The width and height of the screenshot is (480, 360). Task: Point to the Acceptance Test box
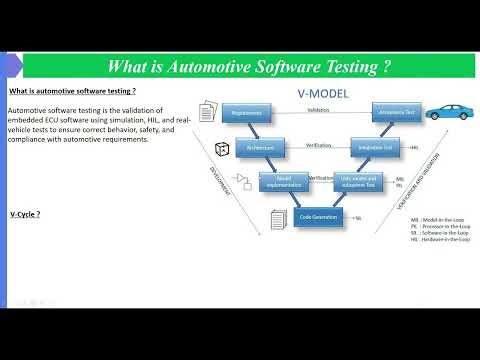394,114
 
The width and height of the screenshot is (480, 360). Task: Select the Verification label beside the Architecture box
319,143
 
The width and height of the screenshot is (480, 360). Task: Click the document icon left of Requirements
208,111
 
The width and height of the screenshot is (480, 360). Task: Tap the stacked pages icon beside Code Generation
278,217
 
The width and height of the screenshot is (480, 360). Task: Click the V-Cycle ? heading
27,214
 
